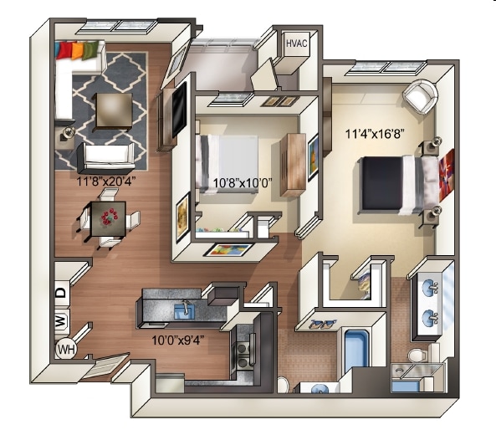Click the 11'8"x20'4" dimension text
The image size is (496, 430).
[107, 179]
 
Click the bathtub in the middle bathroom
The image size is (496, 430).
[357, 355]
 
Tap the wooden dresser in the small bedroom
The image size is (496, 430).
[293, 163]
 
